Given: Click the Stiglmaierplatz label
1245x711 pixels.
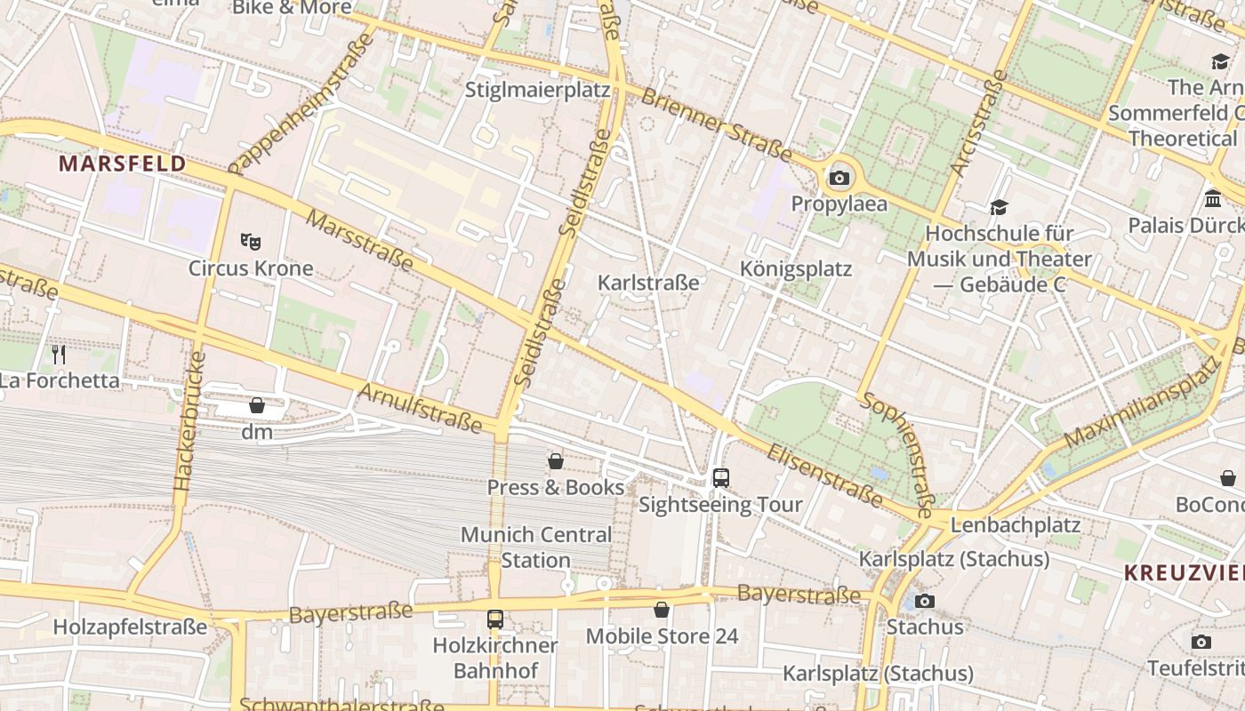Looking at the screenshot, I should coord(537,91).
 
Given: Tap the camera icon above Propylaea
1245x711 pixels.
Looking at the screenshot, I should coord(839,178).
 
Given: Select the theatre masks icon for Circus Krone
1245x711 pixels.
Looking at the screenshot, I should coord(251,241).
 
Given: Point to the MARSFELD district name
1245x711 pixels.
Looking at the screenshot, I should coord(123,164).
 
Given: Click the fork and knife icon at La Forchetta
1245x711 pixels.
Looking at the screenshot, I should coord(59,355).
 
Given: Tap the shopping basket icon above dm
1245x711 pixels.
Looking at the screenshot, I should coord(257,405).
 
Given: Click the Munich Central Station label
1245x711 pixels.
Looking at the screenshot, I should coord(535,547).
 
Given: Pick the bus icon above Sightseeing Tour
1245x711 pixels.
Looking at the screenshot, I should coord(720,477).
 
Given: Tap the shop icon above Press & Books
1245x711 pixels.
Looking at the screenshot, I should coord(556,460).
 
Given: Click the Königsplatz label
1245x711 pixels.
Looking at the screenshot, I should coord(796,269).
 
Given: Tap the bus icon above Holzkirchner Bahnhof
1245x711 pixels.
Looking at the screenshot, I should coord(495,619).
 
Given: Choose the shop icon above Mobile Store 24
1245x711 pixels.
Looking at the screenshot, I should coord(661,610).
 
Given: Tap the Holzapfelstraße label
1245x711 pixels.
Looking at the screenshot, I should coord(130,627).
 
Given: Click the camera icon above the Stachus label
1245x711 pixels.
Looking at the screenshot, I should coord(925,601).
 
